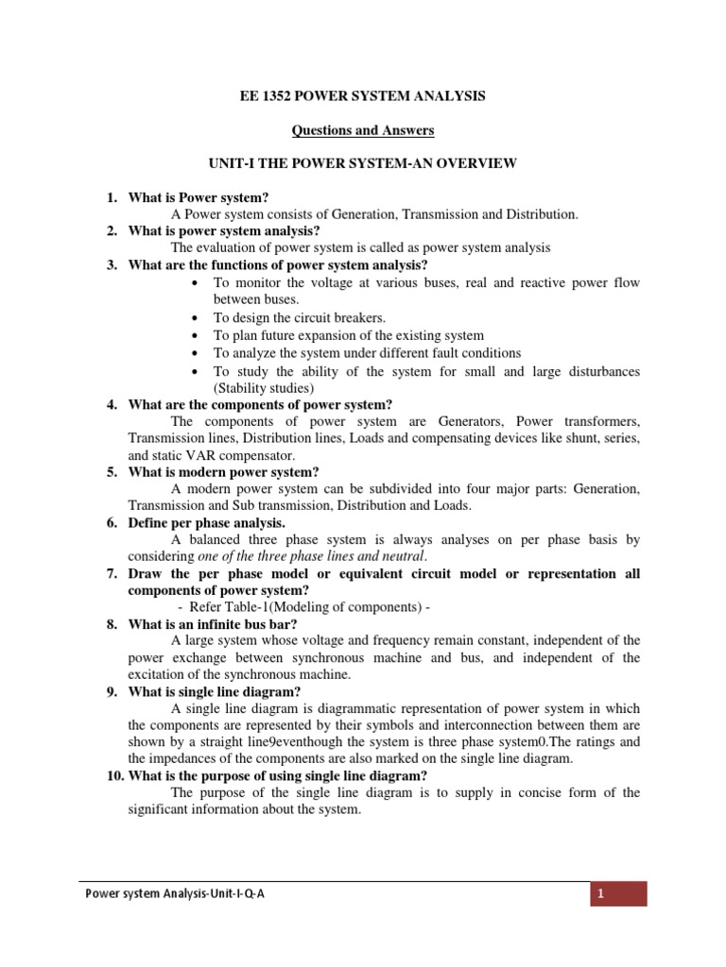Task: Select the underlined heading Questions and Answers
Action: [362, 131]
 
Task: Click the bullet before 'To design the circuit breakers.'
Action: [194, 318]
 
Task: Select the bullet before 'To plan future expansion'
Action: [194, 336]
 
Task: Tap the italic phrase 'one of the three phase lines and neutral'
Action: [304, 557]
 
